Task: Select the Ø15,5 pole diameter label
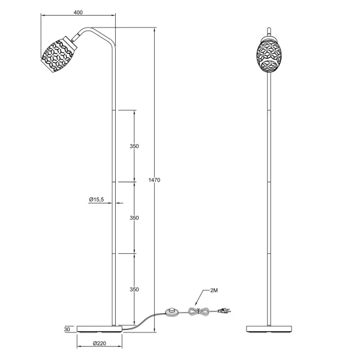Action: pos(96,200)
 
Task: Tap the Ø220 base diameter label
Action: pos(100,344)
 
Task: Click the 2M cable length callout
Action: pos(214,290)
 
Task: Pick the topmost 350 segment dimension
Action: pos(134,146)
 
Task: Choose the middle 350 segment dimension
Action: pos(134,217)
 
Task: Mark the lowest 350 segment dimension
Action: pos(134,289)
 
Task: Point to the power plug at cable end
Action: pos(223,310)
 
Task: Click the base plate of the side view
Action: pos(100,329)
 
